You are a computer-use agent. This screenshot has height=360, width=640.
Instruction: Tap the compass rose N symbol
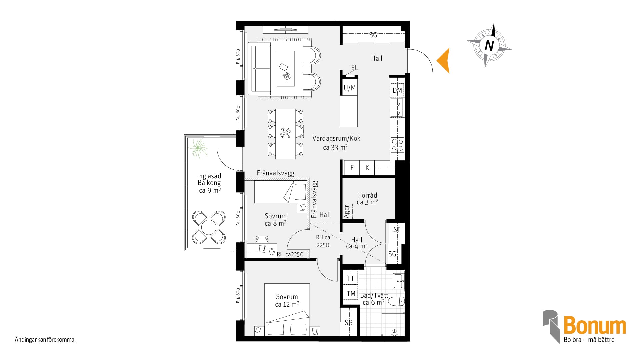489,45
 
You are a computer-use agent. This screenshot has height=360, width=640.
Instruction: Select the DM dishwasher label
397,90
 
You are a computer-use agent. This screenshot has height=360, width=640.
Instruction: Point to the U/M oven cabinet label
350,88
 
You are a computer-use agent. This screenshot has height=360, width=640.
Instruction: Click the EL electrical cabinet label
354,68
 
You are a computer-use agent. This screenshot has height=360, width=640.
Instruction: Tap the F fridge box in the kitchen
352,168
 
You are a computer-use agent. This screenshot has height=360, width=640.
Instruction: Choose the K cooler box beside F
367,168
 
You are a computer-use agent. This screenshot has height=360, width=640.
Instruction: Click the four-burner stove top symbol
397,145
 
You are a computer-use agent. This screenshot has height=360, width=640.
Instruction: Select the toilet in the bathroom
396,301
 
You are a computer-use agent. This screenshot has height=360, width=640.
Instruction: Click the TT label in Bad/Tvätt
351,278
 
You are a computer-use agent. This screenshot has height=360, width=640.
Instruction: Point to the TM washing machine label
351,294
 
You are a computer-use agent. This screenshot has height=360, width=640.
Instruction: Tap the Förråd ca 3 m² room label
368,199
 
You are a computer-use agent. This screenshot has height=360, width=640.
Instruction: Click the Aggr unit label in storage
347,211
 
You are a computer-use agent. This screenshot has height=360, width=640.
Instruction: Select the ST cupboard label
397,230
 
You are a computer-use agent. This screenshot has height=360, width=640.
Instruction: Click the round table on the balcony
209,227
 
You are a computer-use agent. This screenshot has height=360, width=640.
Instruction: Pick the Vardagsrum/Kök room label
336,138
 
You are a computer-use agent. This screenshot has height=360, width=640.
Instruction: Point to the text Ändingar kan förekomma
45,340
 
